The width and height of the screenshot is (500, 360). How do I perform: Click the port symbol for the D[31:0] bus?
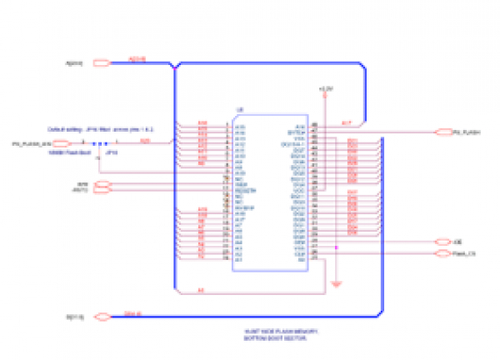102,317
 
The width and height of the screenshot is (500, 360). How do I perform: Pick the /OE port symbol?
442,242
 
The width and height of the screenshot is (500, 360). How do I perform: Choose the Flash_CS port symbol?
442,252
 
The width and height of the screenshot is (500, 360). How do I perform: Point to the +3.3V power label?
326,87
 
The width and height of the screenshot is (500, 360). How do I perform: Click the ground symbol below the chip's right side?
334,285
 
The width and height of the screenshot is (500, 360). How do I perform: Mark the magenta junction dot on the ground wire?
334,247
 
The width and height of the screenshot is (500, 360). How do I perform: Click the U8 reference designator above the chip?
240,110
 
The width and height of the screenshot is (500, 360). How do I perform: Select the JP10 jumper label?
113,153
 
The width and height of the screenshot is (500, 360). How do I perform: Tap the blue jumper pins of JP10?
99,144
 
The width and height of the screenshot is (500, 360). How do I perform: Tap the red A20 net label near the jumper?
145,141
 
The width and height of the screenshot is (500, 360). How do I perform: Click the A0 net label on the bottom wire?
200,290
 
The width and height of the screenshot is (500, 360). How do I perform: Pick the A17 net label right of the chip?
347,122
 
